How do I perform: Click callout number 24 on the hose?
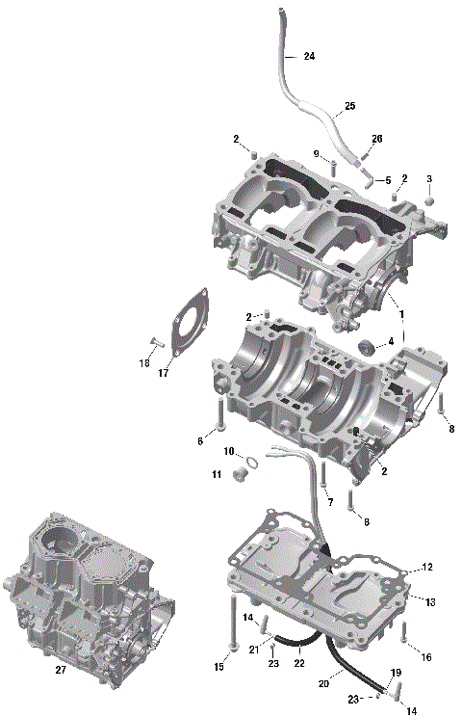tap(309, 57)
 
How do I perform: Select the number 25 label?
tap(349, 105)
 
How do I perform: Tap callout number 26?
tap(376, 139)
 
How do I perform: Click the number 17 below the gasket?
tap(164, 373)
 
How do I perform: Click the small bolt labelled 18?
tap(154, 342)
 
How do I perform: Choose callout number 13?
tap(430, 601)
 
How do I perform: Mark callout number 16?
tap(427, 656)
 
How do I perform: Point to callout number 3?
tap(429, 178)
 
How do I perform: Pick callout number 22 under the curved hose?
tap(299, 663)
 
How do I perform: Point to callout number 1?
tap(401, 315)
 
